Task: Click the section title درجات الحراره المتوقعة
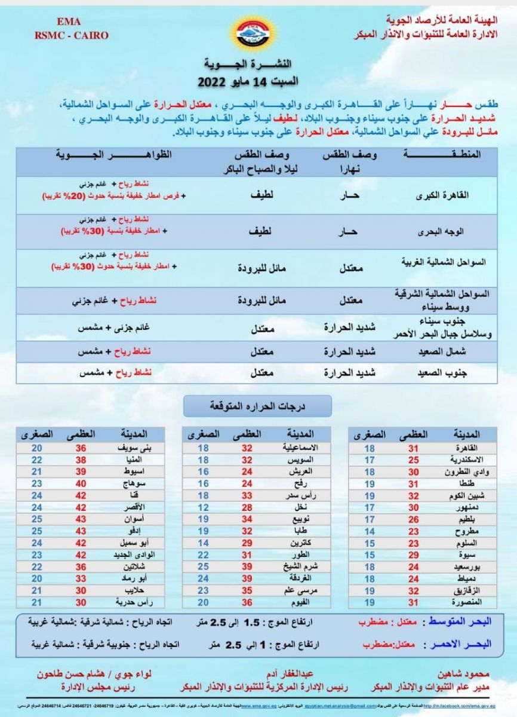coord(258,406)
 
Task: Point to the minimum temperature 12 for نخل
coord(203,507)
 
